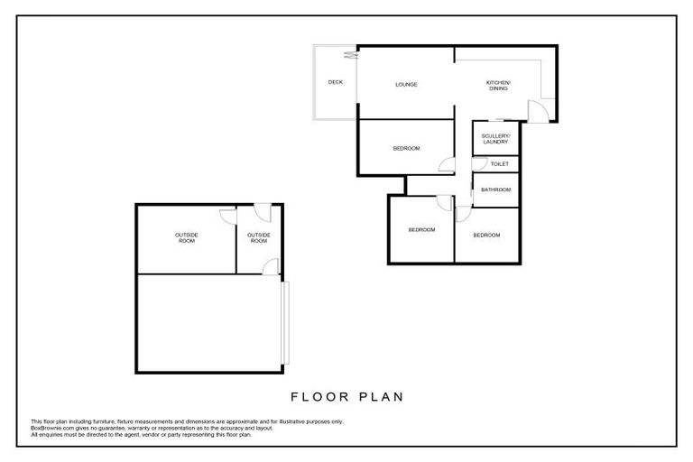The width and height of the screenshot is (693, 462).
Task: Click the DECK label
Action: tap(335, 82)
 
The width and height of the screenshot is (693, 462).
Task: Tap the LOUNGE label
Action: tap(406, 86)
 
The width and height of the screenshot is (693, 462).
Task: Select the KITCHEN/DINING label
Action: tap(498, 85)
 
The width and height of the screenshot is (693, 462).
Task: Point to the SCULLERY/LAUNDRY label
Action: tap(495, 139)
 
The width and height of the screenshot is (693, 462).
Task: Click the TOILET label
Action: tap(499, 164)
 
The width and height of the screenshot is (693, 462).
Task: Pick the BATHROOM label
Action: tap(496, 189)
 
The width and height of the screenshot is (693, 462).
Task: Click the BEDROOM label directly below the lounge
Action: tap(406, 148)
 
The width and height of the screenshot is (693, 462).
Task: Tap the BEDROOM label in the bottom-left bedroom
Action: tap(421, 230)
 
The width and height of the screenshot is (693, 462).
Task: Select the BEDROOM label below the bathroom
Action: tap(486, 235)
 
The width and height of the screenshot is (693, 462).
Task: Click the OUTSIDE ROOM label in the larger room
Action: tap(186, 238)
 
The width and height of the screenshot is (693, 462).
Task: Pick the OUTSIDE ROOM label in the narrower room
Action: tap(259, 238)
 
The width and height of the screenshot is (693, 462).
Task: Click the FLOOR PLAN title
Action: tap(346, 395)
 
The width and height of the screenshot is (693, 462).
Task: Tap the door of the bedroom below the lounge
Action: tap(444, 164)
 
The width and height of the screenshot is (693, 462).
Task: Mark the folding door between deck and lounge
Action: tap(357, 56)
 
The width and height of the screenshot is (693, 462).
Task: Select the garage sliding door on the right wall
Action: tap(282, 322)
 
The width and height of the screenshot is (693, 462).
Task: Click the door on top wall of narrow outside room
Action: tap(261, 211)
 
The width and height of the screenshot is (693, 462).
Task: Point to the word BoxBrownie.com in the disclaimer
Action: tap(51, 428)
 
